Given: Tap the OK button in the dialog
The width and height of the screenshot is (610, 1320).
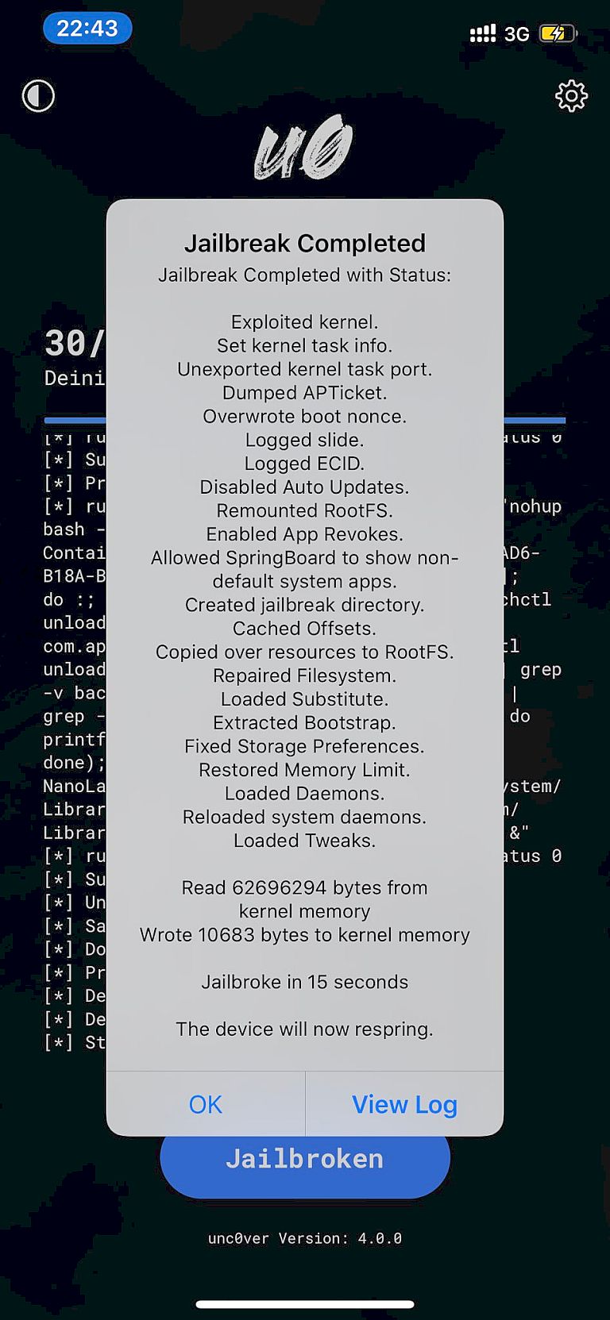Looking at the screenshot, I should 206,1104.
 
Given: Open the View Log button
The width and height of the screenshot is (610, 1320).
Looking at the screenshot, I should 404,1104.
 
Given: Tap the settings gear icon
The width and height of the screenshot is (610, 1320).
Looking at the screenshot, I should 571,96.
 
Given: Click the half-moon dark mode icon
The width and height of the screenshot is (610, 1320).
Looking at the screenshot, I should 38,96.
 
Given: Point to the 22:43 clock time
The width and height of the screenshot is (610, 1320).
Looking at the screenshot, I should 87,29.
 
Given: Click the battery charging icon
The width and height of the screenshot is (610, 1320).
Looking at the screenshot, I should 556,33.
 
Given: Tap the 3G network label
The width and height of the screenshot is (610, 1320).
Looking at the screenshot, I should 517,34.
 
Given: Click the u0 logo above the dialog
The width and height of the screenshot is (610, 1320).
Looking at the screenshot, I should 304,148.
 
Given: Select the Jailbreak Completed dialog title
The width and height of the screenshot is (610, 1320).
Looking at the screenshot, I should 305,243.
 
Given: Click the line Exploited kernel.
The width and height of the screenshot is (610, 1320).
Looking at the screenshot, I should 305,321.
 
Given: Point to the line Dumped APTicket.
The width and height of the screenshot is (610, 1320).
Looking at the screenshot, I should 305,392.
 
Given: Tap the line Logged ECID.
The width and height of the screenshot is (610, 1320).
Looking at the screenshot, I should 305,463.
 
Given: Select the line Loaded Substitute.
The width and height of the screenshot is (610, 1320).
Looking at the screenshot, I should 305,698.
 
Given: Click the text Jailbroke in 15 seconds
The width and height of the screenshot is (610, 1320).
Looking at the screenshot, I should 305,982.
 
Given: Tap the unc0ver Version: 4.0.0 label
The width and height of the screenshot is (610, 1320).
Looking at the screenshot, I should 305,1238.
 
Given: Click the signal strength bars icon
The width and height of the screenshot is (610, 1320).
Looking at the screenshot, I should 483,33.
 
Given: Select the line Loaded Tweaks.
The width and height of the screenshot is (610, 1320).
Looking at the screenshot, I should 305,840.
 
